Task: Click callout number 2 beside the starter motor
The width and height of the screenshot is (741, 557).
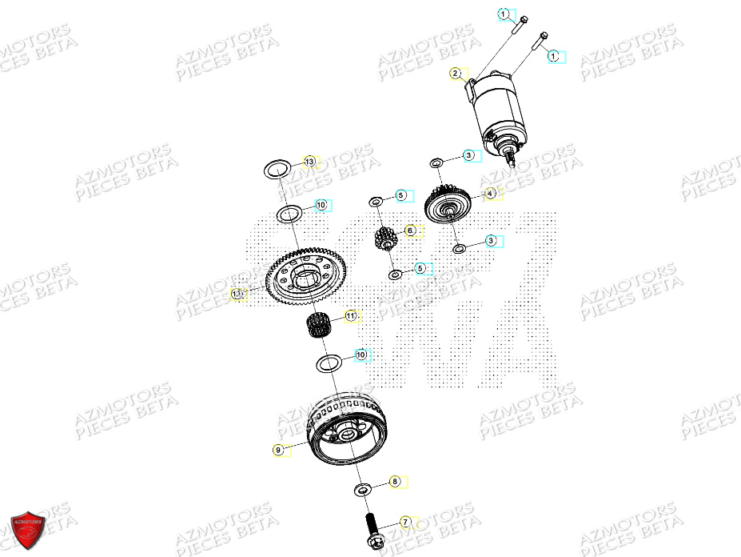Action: tap(455, 74)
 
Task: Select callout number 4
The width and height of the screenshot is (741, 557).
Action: tap(491, 193)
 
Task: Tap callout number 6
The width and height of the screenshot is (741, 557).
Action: tap(410, 230)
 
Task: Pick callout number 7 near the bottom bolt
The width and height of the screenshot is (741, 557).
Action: tap(405, 522)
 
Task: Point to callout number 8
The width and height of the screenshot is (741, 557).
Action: tap(394, 482)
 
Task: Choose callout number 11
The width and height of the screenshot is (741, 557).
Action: tap(350, 317)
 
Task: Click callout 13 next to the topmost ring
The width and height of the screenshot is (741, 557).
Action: tap(309, 162)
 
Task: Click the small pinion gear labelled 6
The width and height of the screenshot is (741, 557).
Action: tap(386, 237)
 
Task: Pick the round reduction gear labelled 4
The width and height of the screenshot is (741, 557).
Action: tap(450, 206)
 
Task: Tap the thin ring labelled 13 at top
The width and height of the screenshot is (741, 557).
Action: tap(277, 169)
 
